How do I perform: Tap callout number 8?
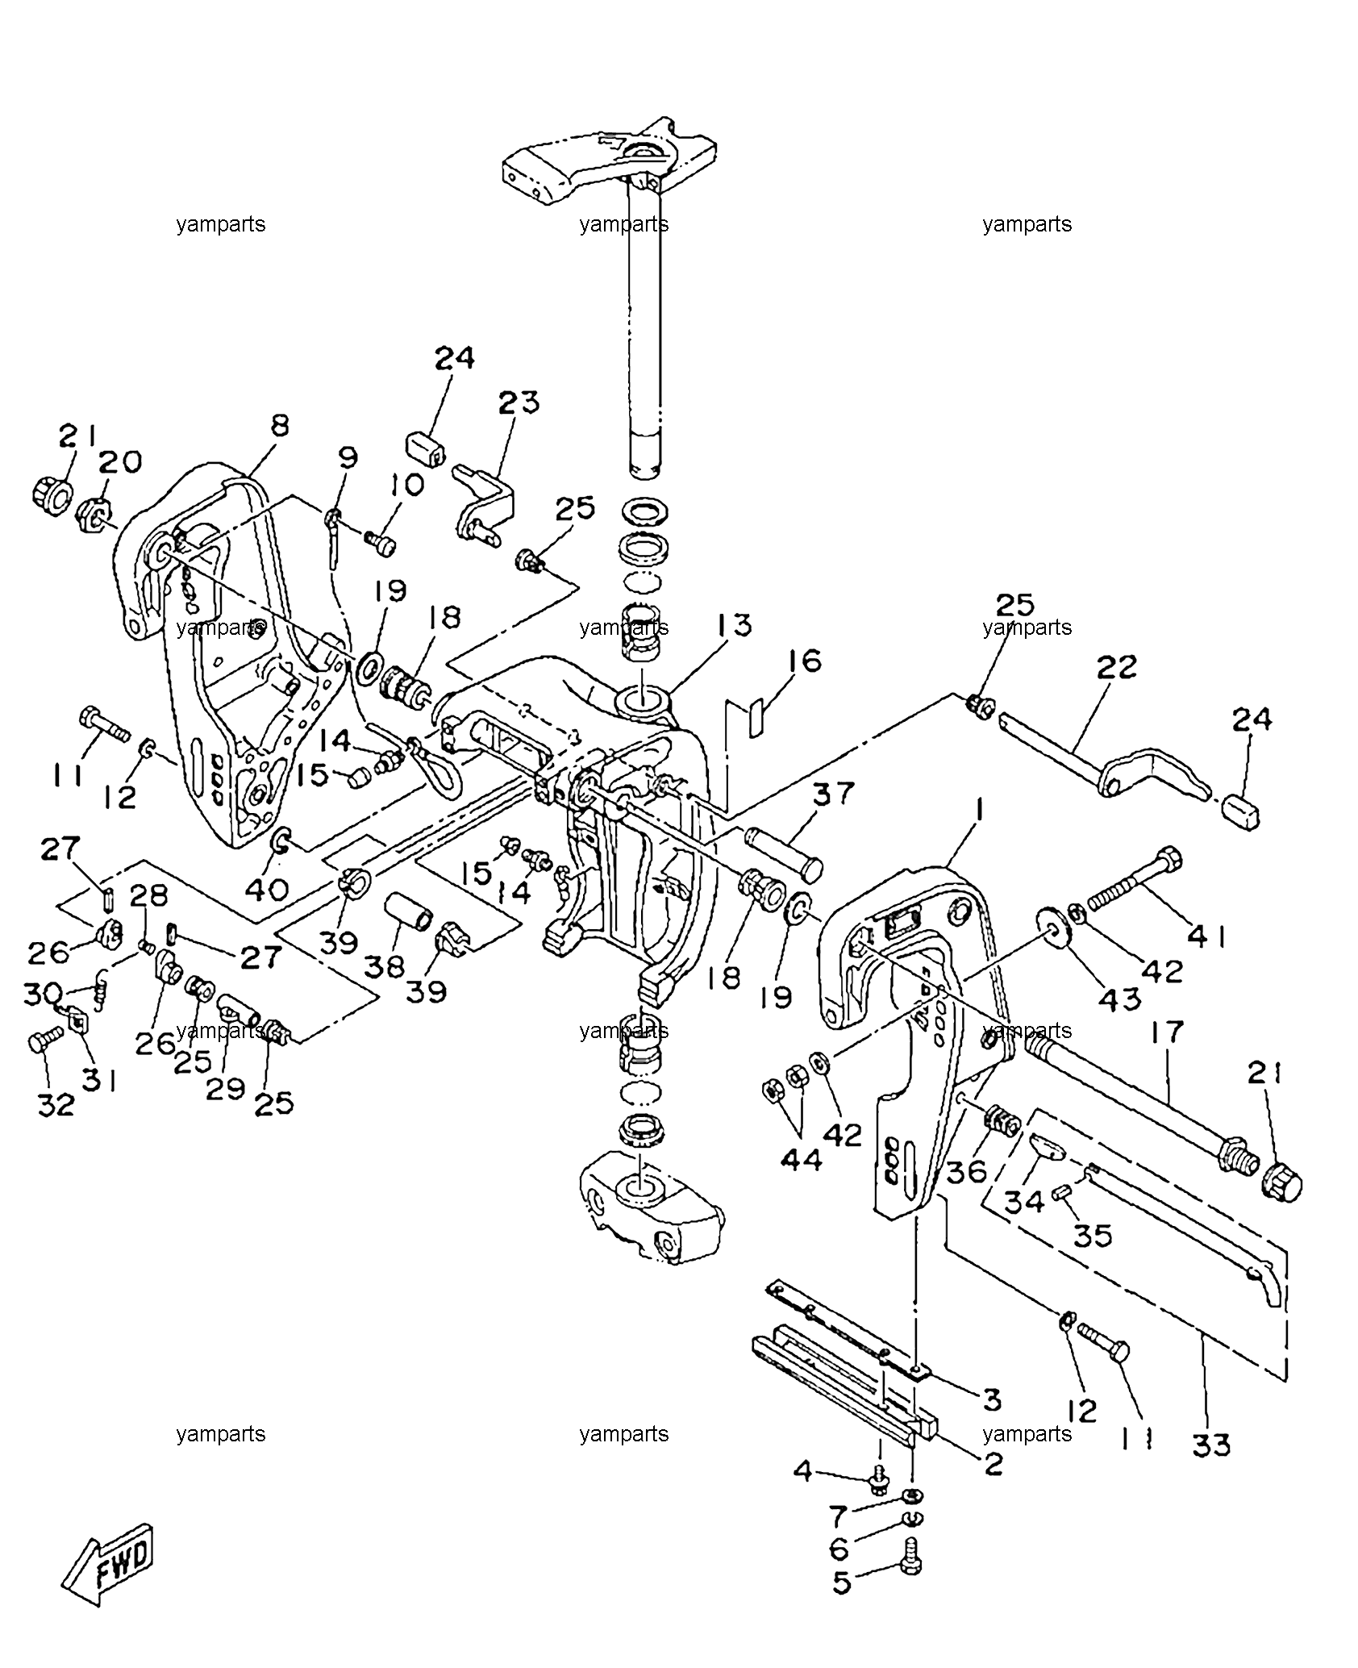pos(279,427)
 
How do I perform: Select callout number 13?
pos(733,625)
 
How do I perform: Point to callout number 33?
pos(1211,1444)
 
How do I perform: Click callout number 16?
pos(801,661)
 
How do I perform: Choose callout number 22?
pos(1116,666)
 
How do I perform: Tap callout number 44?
pos(802,1160)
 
